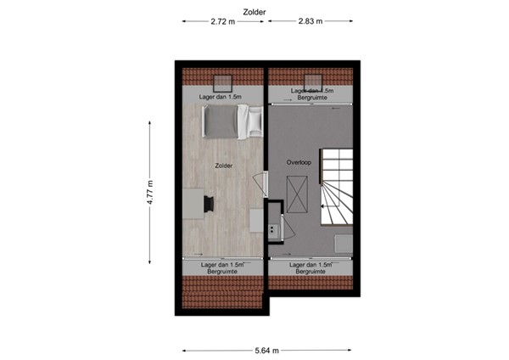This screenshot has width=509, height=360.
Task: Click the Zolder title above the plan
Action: click(255, 12)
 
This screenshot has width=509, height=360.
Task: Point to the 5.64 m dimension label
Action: click(266, 349)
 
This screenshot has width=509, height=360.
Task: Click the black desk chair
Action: click(209, 204)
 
